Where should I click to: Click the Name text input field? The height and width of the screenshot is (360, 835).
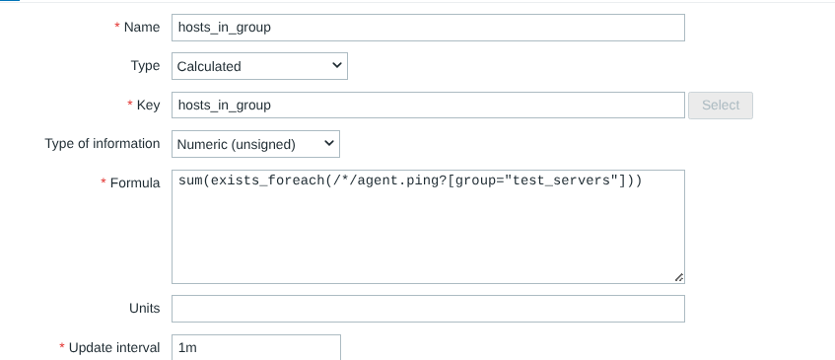(x=428, y=28)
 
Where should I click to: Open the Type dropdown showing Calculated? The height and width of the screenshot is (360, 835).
(x=259, y=66)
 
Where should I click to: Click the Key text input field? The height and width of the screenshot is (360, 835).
(x=428, y=106)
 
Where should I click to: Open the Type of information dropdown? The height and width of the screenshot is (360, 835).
(x=255, y=144)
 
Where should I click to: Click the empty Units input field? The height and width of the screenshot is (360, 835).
(x=428, y=309)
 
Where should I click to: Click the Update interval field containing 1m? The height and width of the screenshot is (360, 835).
(x=255, y=348)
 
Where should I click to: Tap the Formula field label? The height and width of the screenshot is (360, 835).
(x=135, y=183)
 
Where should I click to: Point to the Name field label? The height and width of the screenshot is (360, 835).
(x=142, y=28)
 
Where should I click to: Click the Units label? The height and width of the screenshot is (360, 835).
(x=144, y=309)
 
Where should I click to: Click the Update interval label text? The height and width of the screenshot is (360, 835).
(x=114, y=348)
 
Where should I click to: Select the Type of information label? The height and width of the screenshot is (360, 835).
(x=103, y=144)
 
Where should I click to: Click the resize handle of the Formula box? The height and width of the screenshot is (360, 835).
(x=679, y=277)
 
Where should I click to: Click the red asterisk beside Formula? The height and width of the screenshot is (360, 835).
(x=104, y=181)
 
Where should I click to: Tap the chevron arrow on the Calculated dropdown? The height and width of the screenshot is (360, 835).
(x=336, y=65)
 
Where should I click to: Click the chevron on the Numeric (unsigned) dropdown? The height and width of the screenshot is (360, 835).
(x=329, y=143)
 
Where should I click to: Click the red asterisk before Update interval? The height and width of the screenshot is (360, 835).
(x=62, y=346)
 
